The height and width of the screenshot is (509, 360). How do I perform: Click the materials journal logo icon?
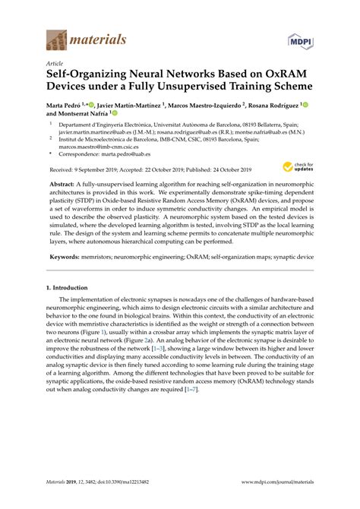[x=57, y=38]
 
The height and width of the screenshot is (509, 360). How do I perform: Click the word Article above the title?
[x=55, y=65]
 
